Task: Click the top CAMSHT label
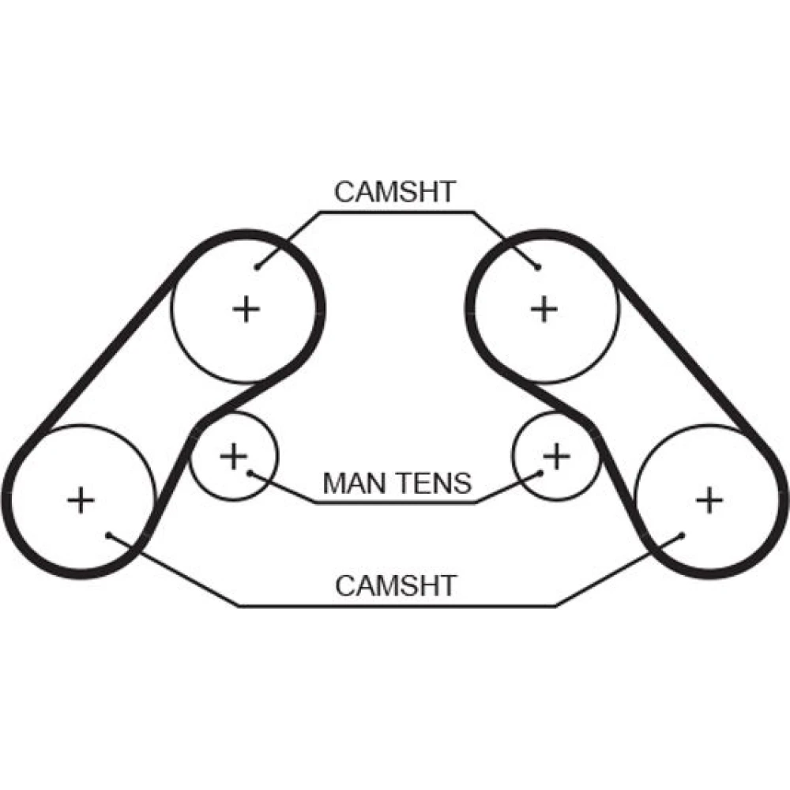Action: (x=395, y=192)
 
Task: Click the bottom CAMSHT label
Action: (x=395, y=585)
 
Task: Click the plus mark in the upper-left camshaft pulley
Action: (x=246, y=308)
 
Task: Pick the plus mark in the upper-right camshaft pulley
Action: (x=543, y=308)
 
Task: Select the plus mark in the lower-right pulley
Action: (x=709, y=500)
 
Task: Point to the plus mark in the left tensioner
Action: (x=232, y=455)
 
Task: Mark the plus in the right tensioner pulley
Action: (x=557, y=455)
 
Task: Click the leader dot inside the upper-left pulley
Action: (x=258, y=267)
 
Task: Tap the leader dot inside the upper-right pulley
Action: (x=538, y=267)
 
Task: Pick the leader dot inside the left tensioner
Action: (x=249, y=473)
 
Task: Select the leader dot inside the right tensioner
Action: (x=542, y=473)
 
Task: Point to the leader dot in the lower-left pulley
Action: (x=108, y=535)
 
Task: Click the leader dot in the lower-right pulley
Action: (x=680, y=535)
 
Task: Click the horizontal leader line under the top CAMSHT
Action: (x=395, y=212)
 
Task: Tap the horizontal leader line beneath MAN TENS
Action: (x=395, y=502)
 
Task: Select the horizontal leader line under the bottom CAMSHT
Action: (x=395, y=606)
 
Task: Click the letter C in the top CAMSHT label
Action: (x=344, y=192)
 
